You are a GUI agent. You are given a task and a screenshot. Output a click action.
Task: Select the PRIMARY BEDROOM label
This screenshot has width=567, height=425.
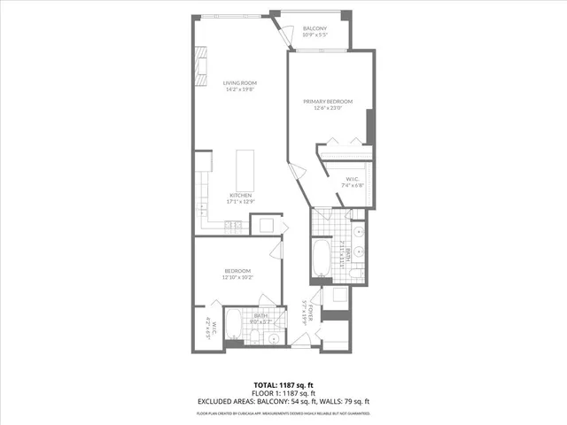(x=328, y=103)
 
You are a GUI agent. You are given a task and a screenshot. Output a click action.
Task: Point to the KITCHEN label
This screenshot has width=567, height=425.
(x=241, y=195)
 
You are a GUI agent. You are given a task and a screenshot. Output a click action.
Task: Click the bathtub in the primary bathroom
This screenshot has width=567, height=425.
(x=321, y=258)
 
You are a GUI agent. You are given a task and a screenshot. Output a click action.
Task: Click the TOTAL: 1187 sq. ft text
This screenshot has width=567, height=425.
(x=283, y=383)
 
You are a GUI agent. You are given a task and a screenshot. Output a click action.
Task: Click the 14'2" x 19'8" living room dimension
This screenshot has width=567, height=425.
(x=239, y=89)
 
